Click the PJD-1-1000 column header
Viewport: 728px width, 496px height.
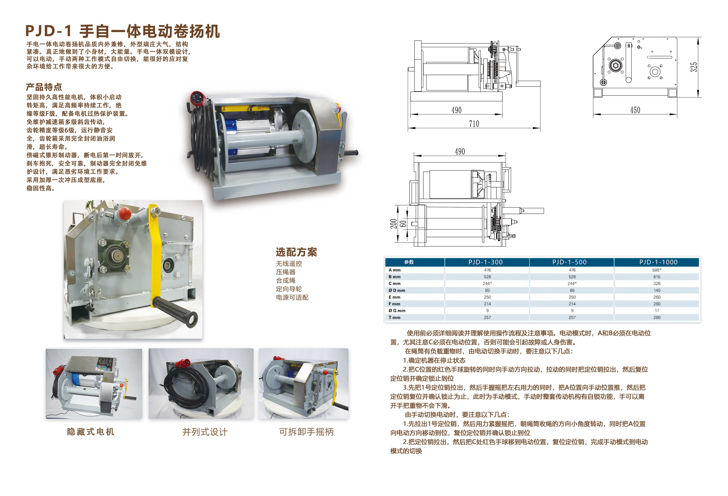[x=658, y=262]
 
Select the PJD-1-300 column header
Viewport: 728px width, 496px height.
[x=486, y=262]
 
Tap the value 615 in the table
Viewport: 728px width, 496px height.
[x=657, y=277]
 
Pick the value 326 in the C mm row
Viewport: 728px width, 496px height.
[x=657, y=284]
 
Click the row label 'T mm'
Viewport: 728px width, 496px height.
[x=394, y=317]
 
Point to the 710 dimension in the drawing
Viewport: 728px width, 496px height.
[x=474, y=124]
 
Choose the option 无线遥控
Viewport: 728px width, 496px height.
[x=289, y=263]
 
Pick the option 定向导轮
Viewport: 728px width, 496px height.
[x=289, y=289]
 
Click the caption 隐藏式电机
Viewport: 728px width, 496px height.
[x=90, y=432]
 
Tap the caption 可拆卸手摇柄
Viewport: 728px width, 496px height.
[x=306, y=432]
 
